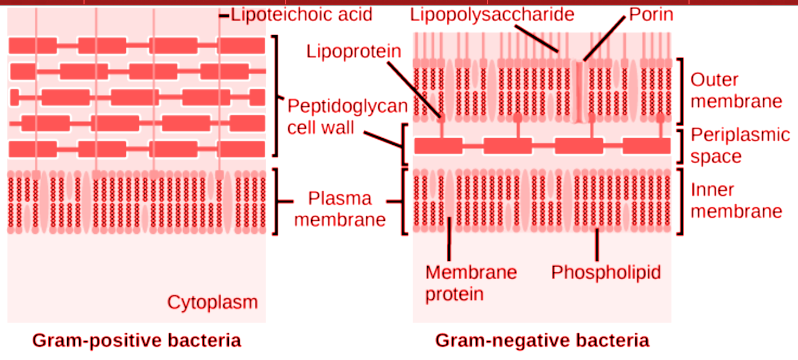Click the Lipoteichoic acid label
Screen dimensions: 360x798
pos(301,14)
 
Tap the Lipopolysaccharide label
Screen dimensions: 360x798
pos(492,14)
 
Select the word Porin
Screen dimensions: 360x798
pos(651,14)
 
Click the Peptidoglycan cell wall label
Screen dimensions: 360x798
pos(347,116)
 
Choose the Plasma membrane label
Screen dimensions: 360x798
pos(340,209)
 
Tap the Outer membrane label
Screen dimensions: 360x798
pos(736,91)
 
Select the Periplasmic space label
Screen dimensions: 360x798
pos(740,145)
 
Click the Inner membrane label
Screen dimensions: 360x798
pos(736,200)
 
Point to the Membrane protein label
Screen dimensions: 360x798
pos(471,282)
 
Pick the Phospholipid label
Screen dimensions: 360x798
pos(606,272)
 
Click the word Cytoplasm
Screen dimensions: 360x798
pos(212,302)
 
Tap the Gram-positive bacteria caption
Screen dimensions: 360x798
pos(137,340)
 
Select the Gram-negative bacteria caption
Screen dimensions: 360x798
pos(542,340)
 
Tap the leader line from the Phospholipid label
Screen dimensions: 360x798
pos(597,245)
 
